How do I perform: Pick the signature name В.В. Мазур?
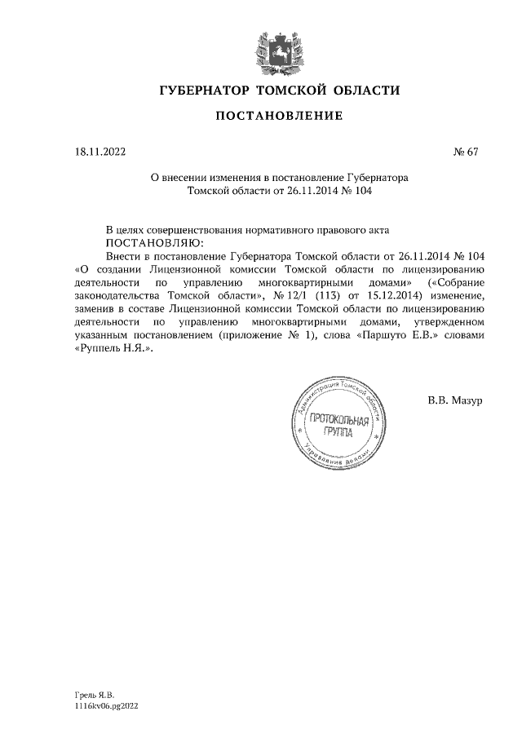[455, 400]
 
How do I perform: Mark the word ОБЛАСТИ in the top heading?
[361, 89]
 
